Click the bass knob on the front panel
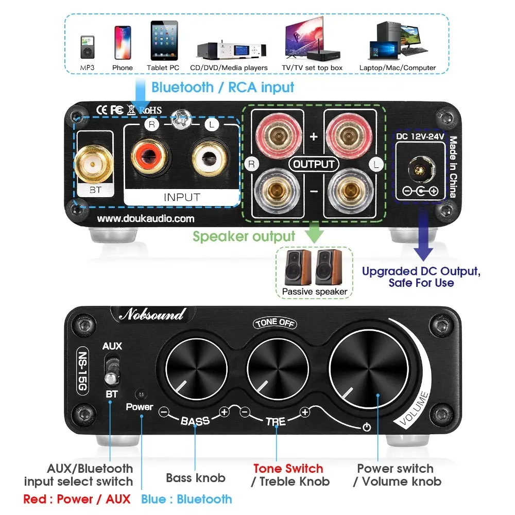[x=196, y=370]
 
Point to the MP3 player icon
[x=87, y=48]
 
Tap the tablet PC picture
[x=163, y=41]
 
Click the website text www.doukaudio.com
[x=146, y=218]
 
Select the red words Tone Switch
[x=288, y=469]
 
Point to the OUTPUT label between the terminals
[x=314, y=164]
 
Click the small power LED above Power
[x=139, y=394]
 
